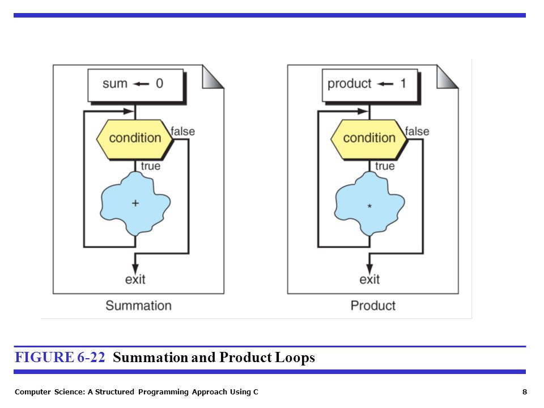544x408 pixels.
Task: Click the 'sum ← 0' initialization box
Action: (136, 86)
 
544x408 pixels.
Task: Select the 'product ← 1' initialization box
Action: (370, 86)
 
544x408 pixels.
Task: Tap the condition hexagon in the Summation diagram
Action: (135, 139)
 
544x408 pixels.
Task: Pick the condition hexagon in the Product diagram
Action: (369, 139)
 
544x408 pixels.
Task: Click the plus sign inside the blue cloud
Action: (135, 203)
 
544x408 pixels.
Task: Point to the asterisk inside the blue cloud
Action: (369, 206)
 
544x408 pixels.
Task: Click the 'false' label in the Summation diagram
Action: (183, 131)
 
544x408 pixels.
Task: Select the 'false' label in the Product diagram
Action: (417, 131)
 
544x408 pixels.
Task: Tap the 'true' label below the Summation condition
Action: (151, 166)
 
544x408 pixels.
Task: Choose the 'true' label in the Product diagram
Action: (385, 166)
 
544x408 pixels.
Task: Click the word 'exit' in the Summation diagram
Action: (135, 279)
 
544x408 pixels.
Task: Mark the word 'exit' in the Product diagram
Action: (369, 279)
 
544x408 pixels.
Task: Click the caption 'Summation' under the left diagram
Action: (138, 305)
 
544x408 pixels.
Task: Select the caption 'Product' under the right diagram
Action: (373, 305)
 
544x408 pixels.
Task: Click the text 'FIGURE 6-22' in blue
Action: (59, 358)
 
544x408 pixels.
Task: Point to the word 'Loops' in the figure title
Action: (295, 358)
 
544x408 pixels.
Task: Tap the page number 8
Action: (525, 392)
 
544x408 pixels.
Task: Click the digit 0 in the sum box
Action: (159, 83)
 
